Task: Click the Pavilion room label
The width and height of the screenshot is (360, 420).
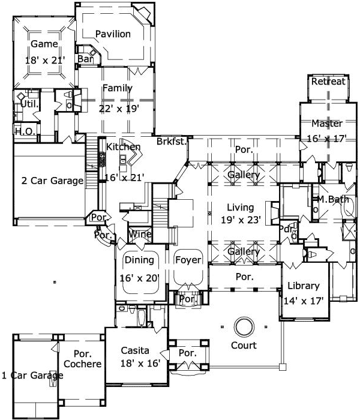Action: (x=113, y=34)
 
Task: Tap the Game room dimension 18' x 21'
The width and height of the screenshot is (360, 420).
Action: (x=44, y=61)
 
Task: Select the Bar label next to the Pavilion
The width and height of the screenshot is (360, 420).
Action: (x=85, y=59)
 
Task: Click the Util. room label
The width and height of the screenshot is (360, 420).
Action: (x=29, y=104)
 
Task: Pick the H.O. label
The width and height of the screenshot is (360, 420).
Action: (x=23, y=131)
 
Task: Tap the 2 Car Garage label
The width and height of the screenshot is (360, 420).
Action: (x=52, y=181)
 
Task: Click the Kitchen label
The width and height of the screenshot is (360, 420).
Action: (x=124, y=147)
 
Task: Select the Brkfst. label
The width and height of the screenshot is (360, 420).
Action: (x=172, y=142)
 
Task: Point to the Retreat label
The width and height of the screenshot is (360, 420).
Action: (x=328, y=82)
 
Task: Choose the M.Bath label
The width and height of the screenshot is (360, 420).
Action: (x=333, y=199)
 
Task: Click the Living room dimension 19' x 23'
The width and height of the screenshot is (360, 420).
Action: (x=241, y=220)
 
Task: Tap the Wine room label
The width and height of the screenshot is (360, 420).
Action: (x=140, y=234)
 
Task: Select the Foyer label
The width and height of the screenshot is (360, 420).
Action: (x=188, y=260)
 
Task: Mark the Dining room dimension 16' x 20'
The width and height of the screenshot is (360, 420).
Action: (x=138, y=278)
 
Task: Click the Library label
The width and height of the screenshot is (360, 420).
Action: (x=304, y=286)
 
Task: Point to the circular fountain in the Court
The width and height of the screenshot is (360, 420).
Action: (x=244, y=327)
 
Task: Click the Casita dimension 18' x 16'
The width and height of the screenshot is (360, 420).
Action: (x=136, y=364)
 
